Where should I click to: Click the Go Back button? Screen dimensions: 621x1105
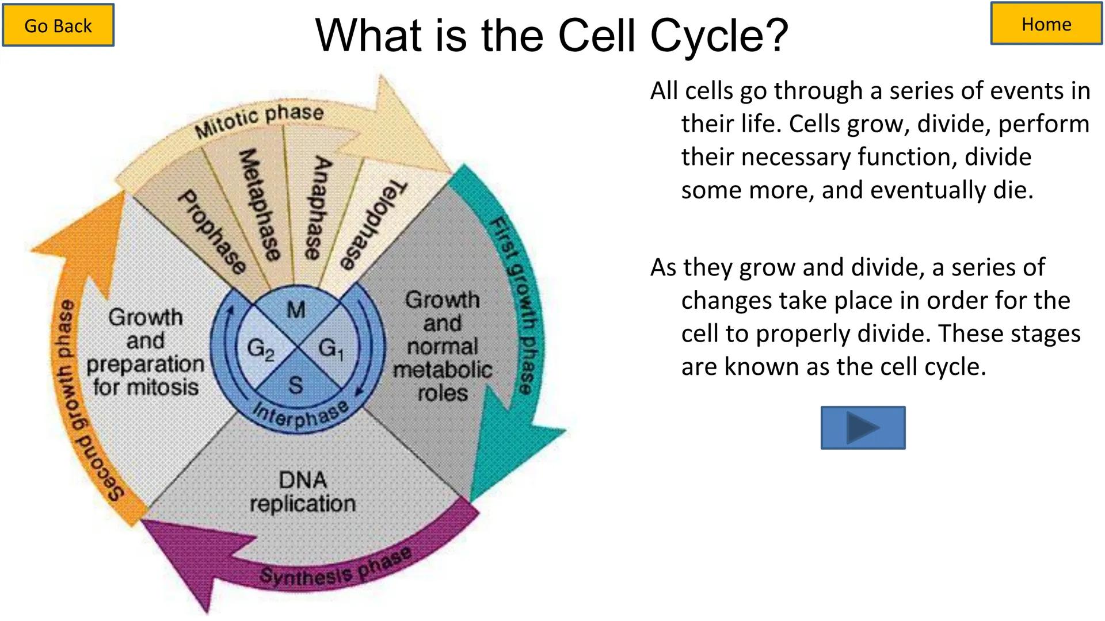click(58, 25)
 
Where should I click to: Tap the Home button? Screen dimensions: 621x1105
click(1046, 24)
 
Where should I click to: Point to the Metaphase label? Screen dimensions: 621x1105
click(260, 204)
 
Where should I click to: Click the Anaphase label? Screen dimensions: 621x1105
click(317, 208)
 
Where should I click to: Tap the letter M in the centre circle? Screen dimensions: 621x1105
click(296, 310)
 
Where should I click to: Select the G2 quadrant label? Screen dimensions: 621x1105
click(260, 349)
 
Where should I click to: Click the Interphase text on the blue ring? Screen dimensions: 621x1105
click(300, 414)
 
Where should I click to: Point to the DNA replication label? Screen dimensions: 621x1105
click(302, 492)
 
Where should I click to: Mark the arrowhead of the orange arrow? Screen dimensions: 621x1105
click(86, 241)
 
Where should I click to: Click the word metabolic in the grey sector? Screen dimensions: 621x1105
click(442, 370)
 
